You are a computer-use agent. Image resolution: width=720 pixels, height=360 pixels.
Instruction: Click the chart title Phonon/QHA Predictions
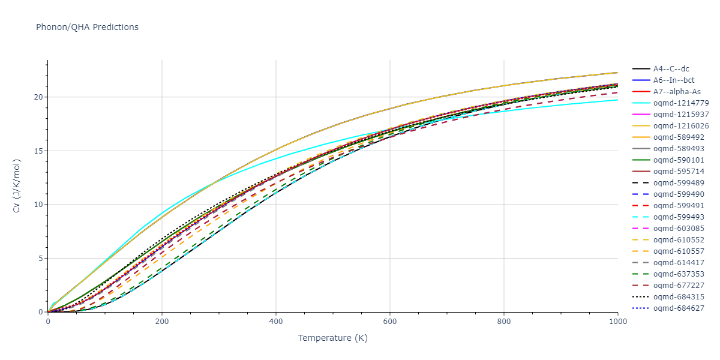(x=87, y=27)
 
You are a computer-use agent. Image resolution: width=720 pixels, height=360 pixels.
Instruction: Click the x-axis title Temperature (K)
(x=332, y=338)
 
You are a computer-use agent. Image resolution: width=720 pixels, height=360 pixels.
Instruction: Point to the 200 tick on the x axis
(x=162, y=321)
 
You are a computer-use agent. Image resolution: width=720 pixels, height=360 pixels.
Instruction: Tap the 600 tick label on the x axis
(x=390, y=321)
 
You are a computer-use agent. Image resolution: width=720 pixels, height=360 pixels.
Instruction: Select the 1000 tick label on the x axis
(x=617, y=321)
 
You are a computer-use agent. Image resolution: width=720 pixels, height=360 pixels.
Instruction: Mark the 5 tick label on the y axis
(x=40, y=259)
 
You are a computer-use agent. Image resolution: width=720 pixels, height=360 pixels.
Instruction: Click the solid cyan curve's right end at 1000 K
(x=617, y=100)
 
